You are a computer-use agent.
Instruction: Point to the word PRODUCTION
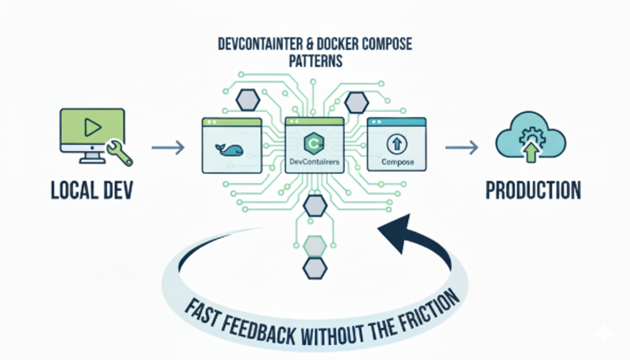pos(533,191)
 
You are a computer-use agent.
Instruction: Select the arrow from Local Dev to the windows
pos(168,149)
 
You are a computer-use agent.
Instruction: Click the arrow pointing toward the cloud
pos(461,149)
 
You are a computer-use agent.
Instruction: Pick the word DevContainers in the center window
pos(315,162)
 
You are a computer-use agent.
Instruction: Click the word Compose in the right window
pos(397,162)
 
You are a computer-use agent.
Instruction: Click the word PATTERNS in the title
pos(315,61)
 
